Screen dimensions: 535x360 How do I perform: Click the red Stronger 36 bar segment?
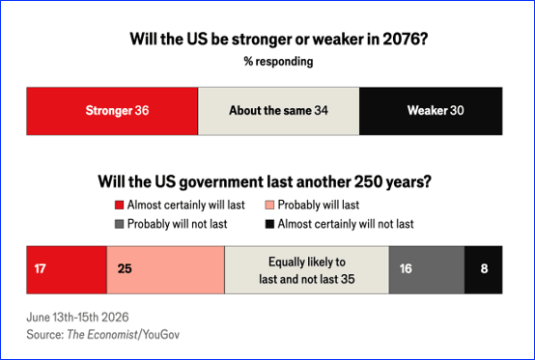pos(112,111)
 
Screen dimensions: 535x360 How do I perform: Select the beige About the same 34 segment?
pos(278,111)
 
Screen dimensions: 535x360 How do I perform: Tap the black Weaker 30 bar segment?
pos(431,111)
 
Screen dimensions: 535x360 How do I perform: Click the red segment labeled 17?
pos(67,269)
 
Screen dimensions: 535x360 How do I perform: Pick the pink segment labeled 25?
pos(165,269)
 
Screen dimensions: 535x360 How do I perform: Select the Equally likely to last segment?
pos(307,269)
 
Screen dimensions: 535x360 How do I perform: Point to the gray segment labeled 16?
pos(427,269)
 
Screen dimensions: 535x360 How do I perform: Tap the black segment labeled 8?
pos(484,269)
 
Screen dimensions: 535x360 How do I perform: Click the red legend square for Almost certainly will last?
pos(119,205)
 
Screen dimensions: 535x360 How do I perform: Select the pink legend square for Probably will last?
pos(269,205)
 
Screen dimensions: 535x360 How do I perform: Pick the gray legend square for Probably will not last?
pos(119,224)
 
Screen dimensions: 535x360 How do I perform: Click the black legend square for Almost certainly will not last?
pos(269,224)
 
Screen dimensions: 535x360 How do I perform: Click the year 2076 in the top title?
pos(405,39)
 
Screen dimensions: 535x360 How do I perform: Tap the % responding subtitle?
pos(278,62)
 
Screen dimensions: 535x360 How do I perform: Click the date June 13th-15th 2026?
pos(78,317)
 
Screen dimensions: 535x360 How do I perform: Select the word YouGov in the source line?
pos(160,335)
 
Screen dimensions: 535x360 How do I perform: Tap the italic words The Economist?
pos(102,335)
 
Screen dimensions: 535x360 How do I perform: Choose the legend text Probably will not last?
pos(177,224)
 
